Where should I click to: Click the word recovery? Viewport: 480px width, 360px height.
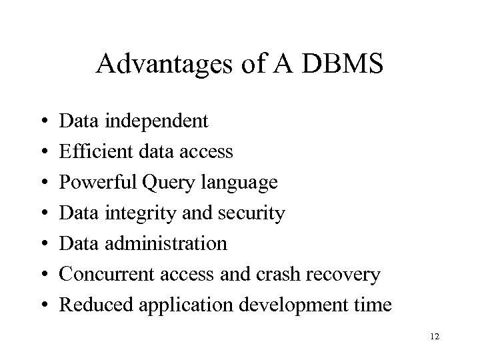[x=347, y=275]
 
